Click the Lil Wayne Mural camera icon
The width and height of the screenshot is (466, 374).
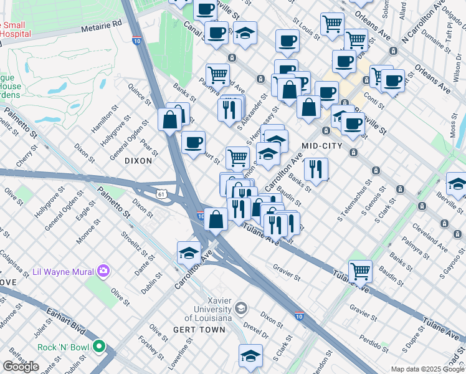click(x=103, y=271)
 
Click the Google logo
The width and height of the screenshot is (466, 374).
click(x=21, y=367)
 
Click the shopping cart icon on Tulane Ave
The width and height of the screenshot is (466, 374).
click(x=360, y=271)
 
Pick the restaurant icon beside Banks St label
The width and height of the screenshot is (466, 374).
click(x=316, y=169)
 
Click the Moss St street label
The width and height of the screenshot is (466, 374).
click(x=452, y=129)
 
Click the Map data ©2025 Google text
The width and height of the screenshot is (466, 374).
click(x=427, y=369)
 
